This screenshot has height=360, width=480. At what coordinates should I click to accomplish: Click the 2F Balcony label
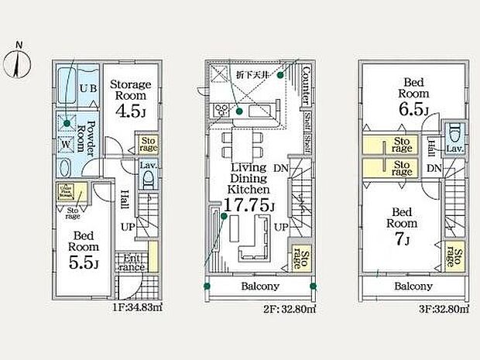click(x=259, y=286)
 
